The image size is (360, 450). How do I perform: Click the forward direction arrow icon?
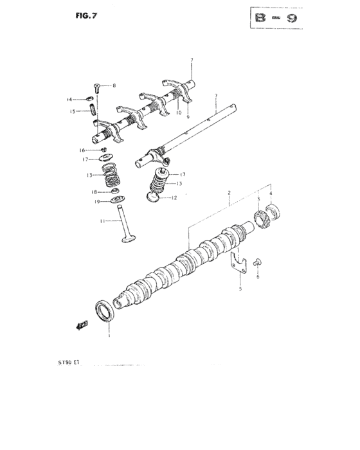[82, 325]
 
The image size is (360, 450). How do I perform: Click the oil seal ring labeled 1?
[105, 310]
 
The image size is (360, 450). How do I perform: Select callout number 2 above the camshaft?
[228, 192]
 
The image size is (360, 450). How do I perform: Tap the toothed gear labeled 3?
[262, 218]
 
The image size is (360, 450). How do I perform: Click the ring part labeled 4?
[273, 213]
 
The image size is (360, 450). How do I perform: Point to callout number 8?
[114, 85]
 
